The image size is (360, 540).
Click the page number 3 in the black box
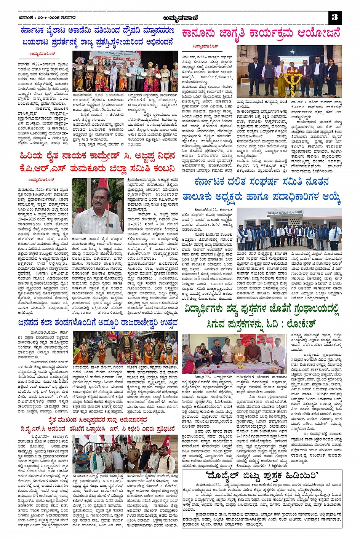pos(335,17)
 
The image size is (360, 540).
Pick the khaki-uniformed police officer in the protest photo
pos(133,456)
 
